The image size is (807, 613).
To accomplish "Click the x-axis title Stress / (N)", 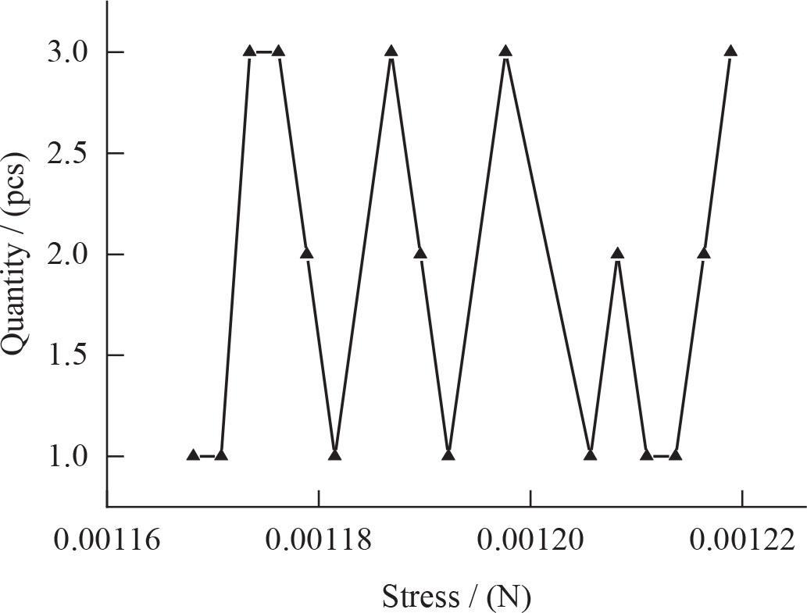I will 456,597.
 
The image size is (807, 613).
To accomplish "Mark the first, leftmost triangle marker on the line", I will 193,454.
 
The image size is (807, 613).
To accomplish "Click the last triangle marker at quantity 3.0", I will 730,52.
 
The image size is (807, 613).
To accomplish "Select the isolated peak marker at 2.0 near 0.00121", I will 618,253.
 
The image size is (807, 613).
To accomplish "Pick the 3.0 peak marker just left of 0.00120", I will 505,52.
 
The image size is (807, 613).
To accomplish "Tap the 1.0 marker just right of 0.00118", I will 335,454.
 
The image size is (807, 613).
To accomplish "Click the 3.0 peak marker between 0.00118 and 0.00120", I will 391,52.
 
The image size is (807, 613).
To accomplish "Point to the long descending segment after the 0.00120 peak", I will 548,253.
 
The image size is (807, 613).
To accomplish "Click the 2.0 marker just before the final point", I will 703,253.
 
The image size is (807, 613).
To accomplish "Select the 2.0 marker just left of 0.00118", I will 306,253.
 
